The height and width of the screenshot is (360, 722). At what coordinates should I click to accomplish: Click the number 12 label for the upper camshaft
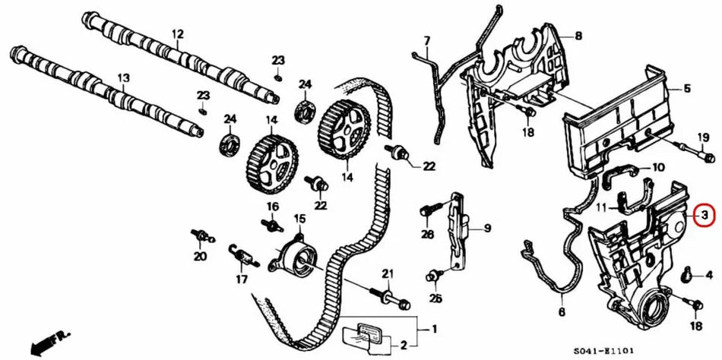click(178, 34)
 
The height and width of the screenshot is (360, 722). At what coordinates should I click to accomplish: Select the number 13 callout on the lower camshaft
click(124, 77)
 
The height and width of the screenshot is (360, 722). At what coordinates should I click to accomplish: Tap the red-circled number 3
click(704, 216)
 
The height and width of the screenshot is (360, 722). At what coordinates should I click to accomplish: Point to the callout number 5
click(686, 89)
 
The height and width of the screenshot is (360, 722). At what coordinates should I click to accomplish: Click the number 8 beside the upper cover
click(579, 36)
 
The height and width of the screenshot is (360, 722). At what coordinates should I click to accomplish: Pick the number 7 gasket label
click(427, 40)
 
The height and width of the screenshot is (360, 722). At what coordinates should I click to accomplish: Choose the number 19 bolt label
click(703, 137)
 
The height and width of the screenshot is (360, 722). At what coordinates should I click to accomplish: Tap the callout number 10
click(658, 166)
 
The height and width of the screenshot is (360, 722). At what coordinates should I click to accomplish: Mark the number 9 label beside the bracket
click(487, 227)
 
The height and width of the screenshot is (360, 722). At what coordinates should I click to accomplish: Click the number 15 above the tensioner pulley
click(299, 219)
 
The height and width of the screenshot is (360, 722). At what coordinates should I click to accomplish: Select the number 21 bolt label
click(387, 273)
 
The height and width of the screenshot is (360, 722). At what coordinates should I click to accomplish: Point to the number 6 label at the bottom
click(562, 311)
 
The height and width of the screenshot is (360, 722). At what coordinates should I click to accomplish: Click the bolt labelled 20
click(201, 236)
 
